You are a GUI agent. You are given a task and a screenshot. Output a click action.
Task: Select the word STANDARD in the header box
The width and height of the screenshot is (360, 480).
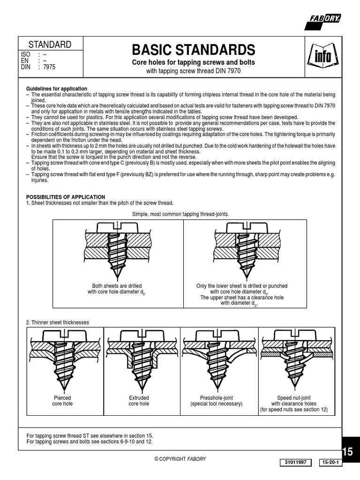click(50, 45)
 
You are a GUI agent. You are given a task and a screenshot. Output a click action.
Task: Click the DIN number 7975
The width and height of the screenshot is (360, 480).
click(49, 67)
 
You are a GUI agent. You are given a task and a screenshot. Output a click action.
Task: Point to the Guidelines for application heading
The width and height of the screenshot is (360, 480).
click(56, 89)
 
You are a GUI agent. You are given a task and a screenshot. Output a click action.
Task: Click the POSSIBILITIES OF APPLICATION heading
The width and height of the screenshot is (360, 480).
click(66, 197)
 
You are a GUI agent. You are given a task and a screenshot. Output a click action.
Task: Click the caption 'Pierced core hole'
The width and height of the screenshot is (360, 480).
click(62, 401)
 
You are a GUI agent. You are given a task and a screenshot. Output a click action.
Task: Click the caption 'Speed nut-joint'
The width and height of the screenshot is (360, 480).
click(294, 398)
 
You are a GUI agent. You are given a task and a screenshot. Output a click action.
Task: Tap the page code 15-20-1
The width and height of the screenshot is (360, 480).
click(331, 463)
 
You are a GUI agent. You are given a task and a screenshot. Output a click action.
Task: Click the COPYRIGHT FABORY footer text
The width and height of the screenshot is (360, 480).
click(180, 459)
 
